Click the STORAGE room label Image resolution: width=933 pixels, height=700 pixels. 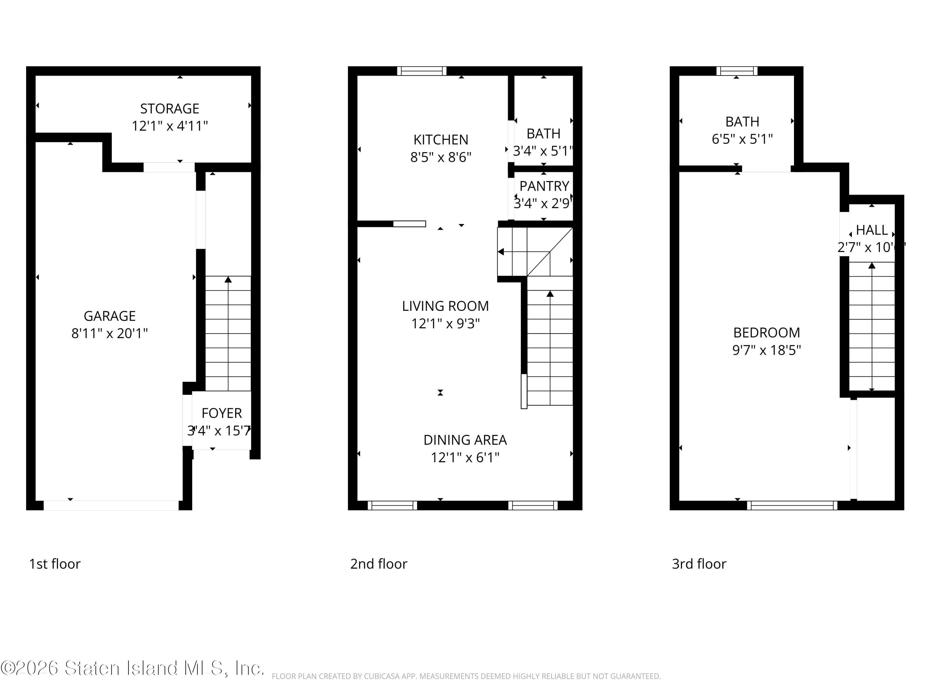pos(169,109)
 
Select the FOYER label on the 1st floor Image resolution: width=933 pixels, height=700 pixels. pos(221,413)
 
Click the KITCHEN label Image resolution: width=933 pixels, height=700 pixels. pos(440,140)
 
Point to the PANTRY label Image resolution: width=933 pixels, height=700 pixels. pos(544,186)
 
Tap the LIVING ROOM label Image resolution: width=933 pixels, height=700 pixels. pos(445,306)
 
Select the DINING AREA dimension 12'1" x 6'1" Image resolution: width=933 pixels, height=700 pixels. pos(465,457)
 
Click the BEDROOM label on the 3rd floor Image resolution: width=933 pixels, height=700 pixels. pos(766,333)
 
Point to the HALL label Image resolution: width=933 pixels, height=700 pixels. pos(872,230)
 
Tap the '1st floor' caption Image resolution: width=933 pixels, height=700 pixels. pos(55,564)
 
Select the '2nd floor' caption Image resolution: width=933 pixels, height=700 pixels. pos(378,564)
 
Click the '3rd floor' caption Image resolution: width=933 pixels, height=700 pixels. pos(699,564)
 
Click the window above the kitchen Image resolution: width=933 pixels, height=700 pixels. pos(421,71)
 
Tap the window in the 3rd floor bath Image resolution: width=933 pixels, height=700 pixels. pos(736,71)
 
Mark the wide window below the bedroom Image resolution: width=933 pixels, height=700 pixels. pos(792,506)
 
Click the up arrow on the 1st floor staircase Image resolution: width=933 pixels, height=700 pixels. pos(228,280)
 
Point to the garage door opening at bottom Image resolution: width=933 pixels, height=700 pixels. pos(111,506)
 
